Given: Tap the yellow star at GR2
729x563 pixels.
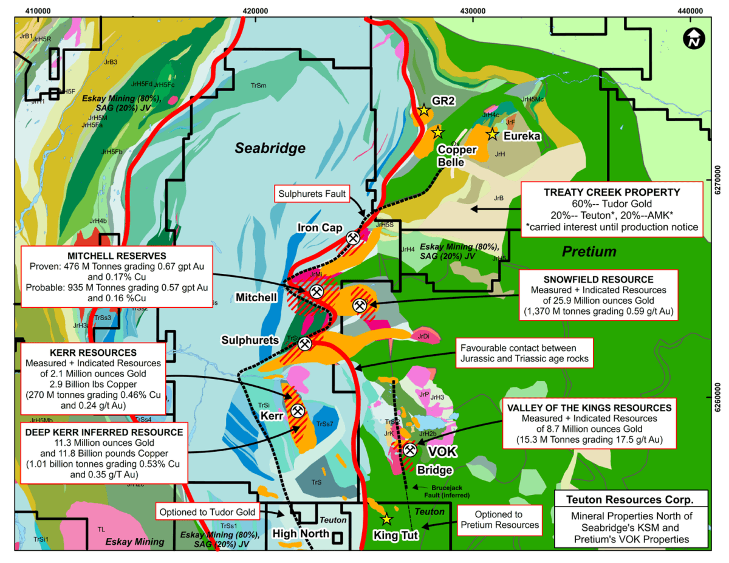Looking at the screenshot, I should (x=424, y=111).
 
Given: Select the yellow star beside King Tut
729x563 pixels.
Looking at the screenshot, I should (x=386, y=519).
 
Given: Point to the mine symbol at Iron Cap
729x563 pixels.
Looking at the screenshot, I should (x=353, y=237).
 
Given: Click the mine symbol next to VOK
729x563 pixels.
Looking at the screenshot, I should (x=410, y=451).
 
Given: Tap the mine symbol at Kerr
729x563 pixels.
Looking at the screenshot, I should (x=298, y=411).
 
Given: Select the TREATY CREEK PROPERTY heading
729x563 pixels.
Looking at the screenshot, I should (x=612, y=191).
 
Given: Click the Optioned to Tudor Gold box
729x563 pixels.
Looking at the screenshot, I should (x=207, y=511).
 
